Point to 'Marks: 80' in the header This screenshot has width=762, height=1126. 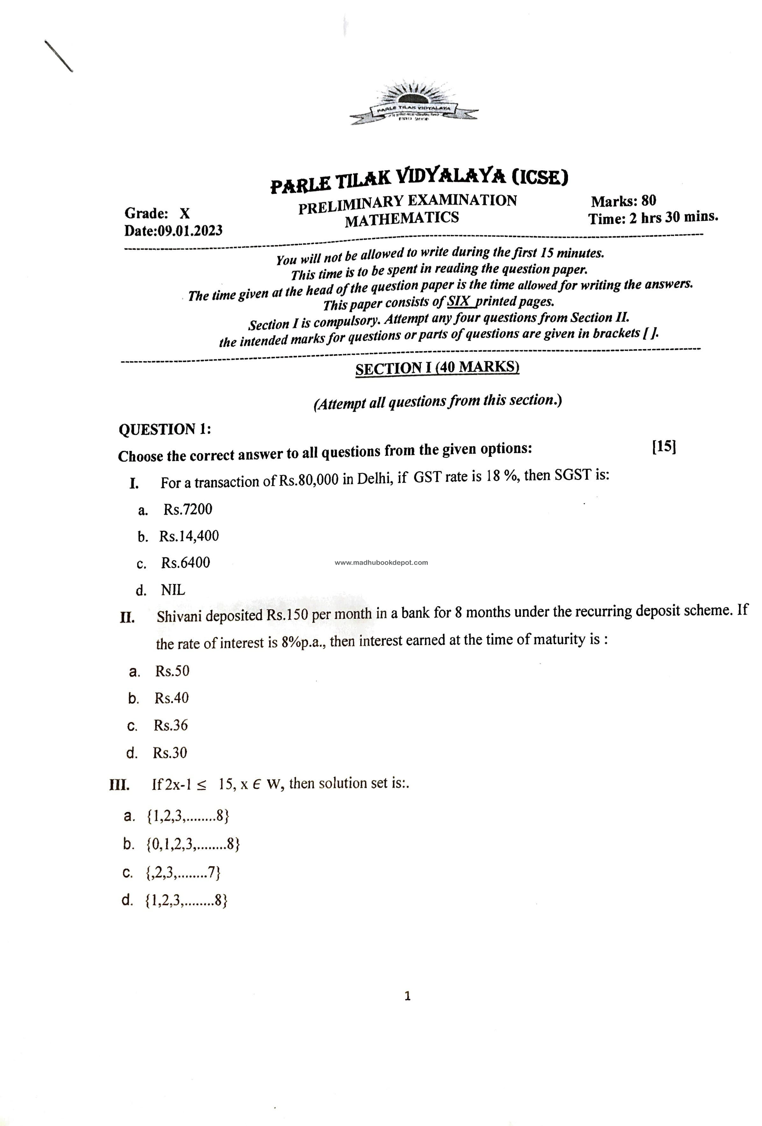coord(623,201)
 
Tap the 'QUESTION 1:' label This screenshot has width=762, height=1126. coord(165,429)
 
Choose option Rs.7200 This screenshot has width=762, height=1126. coord(188,509)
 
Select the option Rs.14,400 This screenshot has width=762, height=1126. coord(189,536)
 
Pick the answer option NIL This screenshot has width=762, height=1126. coord(173,590)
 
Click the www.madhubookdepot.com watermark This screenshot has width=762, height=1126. coord(381,562)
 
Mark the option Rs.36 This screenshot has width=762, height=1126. coord(171,725)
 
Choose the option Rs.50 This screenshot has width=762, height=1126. coord(172,671)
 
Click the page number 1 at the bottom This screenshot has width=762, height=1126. coord(407,996)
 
